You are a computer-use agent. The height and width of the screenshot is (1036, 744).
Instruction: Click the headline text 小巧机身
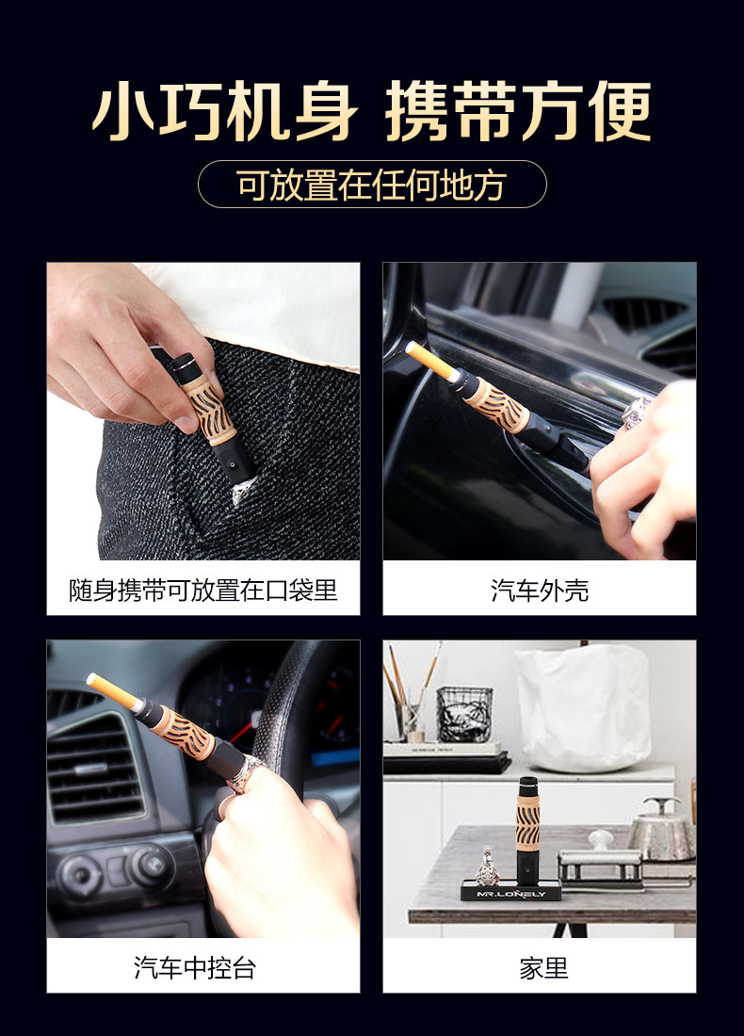tap(225, 111)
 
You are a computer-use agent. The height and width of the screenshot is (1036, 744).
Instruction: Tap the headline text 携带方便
tap(519, 111)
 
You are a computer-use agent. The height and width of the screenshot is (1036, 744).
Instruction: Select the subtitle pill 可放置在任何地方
tap(372, 185)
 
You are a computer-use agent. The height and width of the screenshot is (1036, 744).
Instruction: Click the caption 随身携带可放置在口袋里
tap(203, 590)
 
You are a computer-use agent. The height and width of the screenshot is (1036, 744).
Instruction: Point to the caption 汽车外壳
tap(540, 590)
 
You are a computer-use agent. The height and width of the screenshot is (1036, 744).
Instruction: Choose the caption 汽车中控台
tap(195, 968)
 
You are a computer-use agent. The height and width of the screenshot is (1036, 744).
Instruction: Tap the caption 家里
tap(543, 968)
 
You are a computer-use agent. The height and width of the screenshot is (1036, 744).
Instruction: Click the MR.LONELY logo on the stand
tap(511, 894)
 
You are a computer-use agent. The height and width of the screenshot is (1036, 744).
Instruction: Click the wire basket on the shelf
tap(464, 714)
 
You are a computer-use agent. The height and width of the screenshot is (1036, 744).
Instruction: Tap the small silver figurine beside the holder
tap(488, 866)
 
